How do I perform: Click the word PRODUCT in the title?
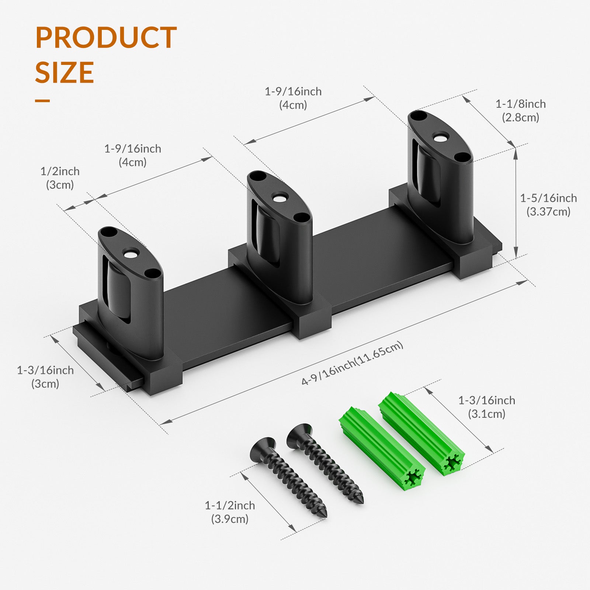(106, 38)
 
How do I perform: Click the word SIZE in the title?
(65, 72)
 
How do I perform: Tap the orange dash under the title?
(42, 100)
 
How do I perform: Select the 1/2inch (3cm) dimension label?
(60, 178)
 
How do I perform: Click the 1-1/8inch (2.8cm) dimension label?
(520, 111)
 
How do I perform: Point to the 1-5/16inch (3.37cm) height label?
(548, 205)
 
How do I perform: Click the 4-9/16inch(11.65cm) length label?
(352, 363)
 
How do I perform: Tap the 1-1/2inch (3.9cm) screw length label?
(230, 512)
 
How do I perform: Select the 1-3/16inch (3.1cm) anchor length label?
(486, 407)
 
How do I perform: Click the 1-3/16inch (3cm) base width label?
(45, 376)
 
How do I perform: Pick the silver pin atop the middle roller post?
(280, 198)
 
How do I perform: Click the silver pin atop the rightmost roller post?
(439, 139)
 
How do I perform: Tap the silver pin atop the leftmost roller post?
(129, 254)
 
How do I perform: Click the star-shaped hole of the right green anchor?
(452, 462)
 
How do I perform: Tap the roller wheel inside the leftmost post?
(117, 291)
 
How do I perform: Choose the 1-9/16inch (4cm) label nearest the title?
(132, 155)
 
